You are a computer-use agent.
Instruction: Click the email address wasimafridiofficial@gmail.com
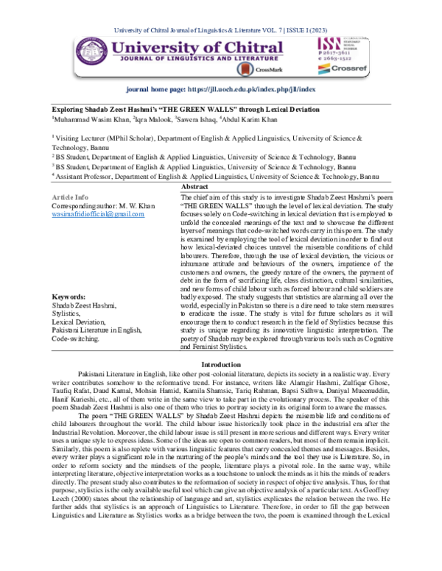93,212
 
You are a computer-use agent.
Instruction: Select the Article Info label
71,197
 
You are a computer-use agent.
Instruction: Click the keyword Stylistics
67,312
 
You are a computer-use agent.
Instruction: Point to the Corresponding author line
96,205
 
